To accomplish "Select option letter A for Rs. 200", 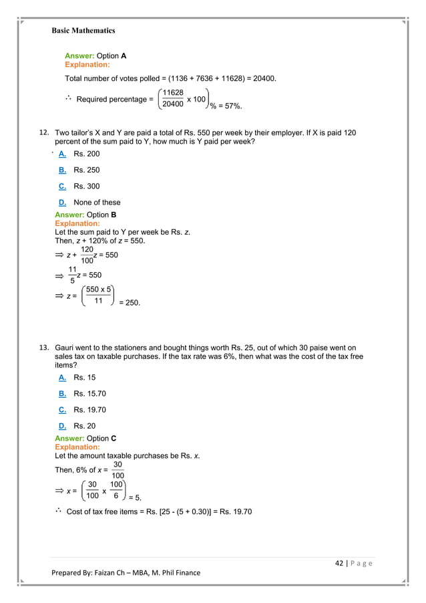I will click(x=61, y=154).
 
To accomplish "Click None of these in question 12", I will click(x=97, y=203).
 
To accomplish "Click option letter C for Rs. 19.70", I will click(x=61, y=410).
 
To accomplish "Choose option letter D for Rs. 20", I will click(x=61, y=426).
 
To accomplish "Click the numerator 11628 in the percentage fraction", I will click(x=173, y=92).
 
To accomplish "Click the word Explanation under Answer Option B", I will click(x=77, y=224).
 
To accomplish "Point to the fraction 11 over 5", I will click(x=72, y=275).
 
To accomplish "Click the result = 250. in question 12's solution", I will click(x=130, y=302).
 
